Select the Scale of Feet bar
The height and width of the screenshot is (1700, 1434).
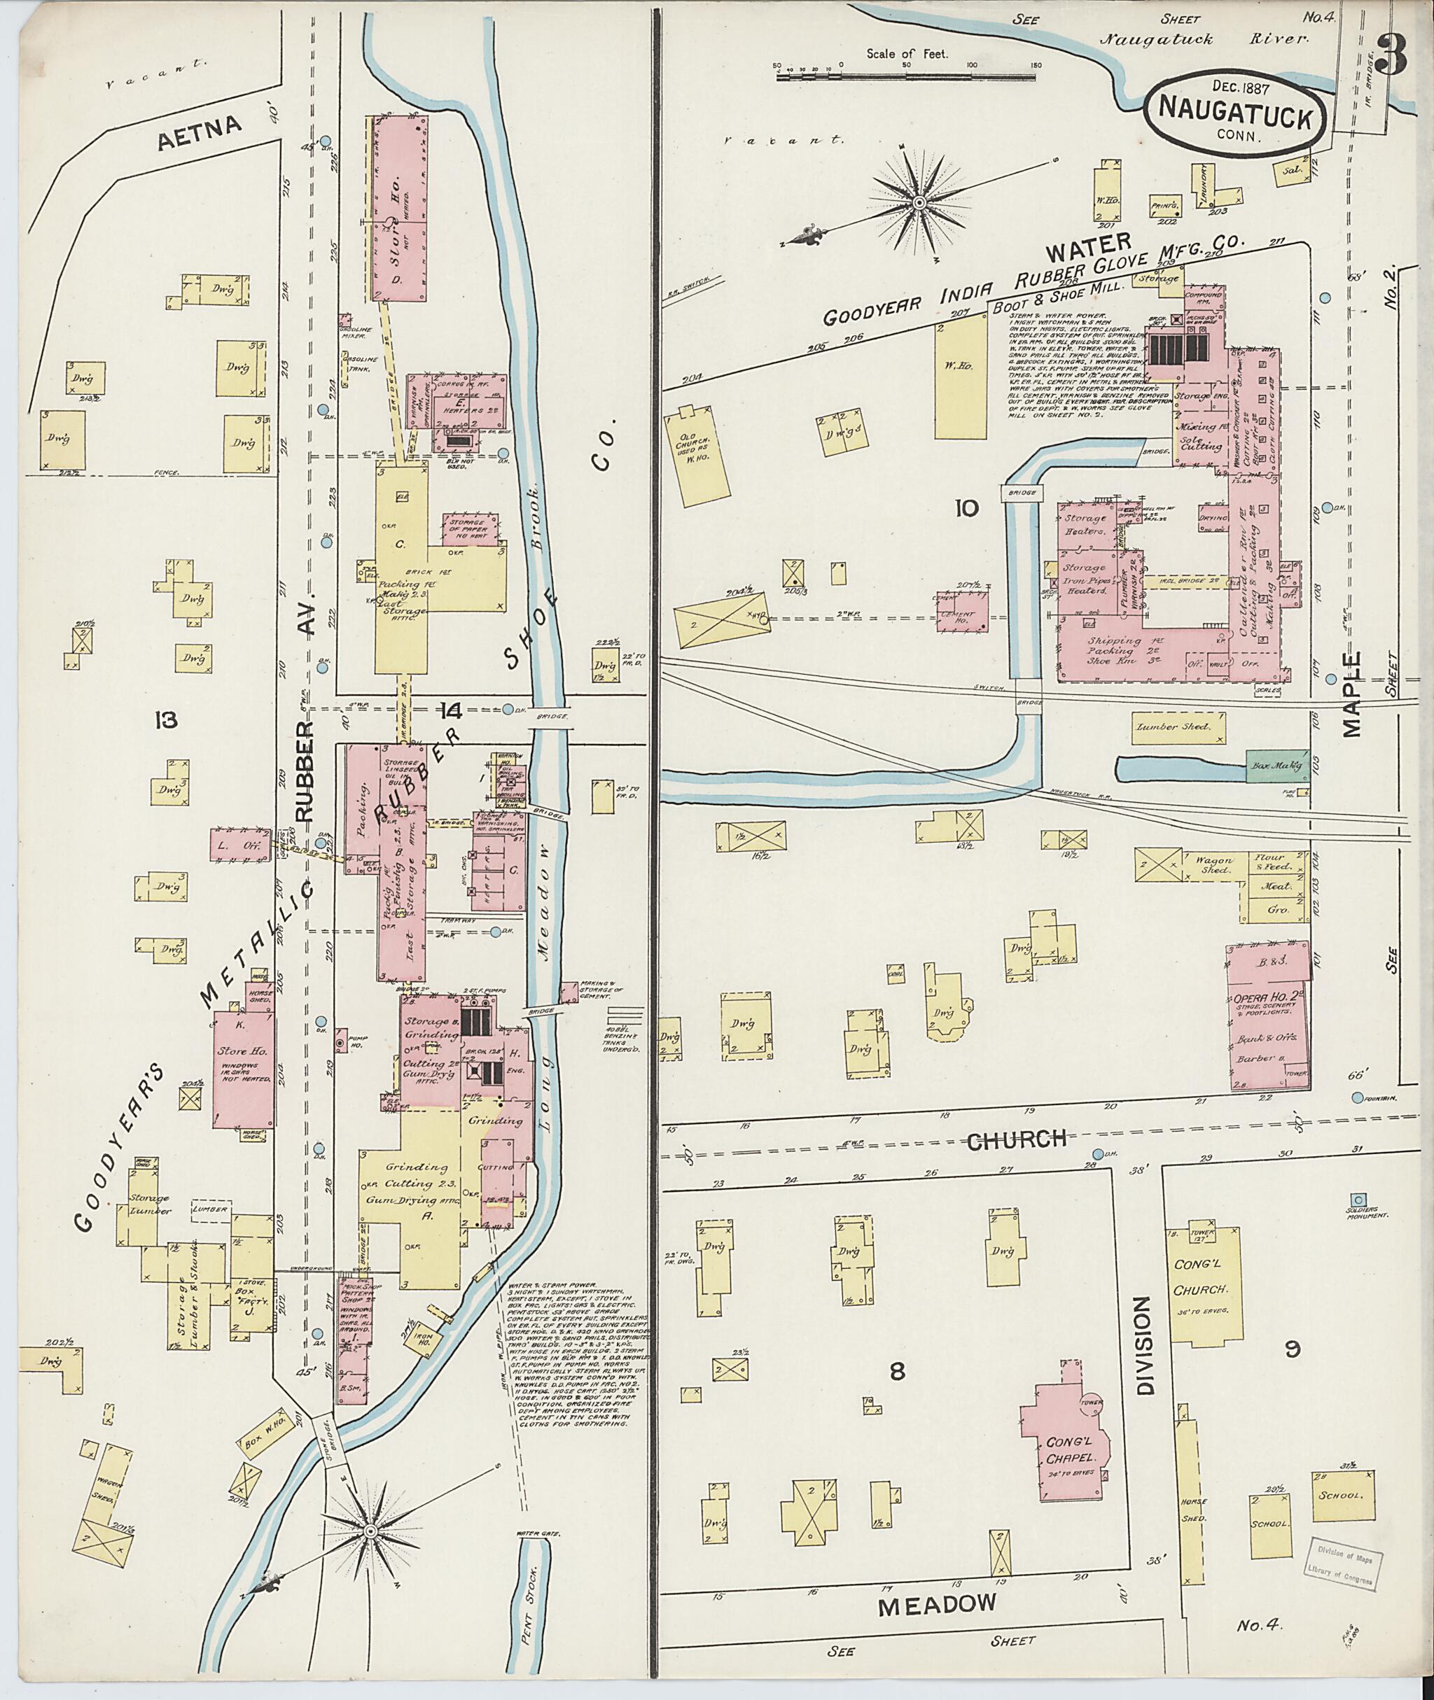click(x=905, y=76)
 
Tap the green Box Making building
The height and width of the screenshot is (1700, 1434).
click(x=1277, y=766)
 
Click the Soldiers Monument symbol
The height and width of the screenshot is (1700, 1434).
click(x=1357, y=1200)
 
